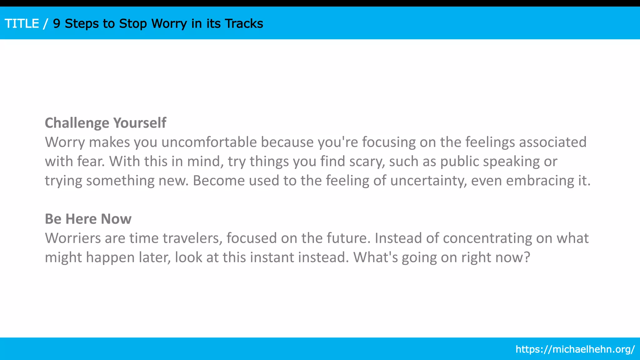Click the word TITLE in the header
click(22, 24)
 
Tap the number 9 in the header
click(57, 24)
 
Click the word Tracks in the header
click(244, 24)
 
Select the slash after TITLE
click(46, 24)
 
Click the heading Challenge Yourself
click(105, 123)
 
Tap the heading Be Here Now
click(88, 219)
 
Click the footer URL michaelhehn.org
click(575, 349)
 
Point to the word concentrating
click(487, 238)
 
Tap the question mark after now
click(527, 257)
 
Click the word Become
click(219, 181)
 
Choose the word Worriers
click(73, 238)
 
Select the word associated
click(552, 142)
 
